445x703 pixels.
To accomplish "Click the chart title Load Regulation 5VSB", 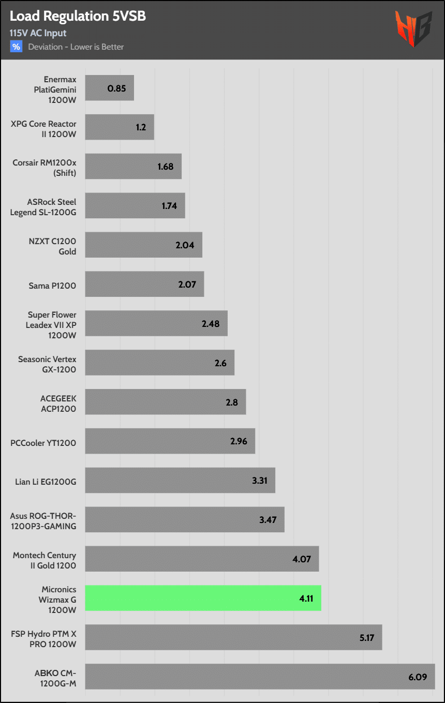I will point(78,17).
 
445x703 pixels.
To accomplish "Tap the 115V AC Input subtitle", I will point(38,33).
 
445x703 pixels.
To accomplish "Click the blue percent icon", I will point(17,47).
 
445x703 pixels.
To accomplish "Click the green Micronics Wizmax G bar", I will point(203,598).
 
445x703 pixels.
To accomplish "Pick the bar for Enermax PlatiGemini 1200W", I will point(109,88).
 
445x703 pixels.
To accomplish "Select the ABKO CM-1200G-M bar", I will point(260,676).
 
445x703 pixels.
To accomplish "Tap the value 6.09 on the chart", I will point(418,676).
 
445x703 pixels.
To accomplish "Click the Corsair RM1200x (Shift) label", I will point(44,168).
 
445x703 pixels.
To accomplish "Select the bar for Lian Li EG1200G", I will point(180,481).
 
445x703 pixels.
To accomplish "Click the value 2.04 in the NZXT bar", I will point(185,245).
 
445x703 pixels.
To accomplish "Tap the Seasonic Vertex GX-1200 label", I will point(47,364).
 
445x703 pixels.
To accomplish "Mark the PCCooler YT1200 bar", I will point(170,441).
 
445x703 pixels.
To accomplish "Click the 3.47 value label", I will point(268,519).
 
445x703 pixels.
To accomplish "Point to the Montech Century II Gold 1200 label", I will point(44,560).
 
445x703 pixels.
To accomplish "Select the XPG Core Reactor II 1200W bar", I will point(120,127).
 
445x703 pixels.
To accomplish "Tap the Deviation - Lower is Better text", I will point(76,47).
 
